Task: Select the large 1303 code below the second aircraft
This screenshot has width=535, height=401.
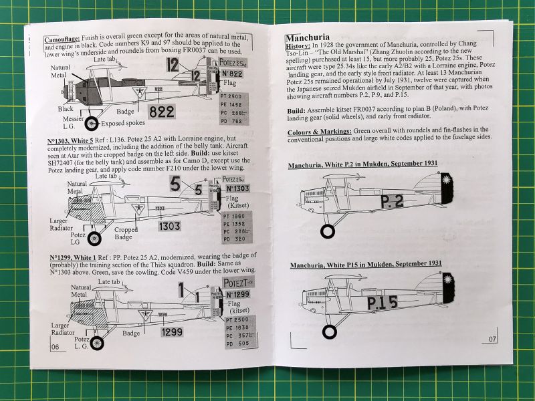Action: click(169, 226)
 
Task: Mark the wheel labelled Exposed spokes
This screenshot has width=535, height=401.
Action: click(92, 123)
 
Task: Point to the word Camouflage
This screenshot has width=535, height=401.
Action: click(64, 39)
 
